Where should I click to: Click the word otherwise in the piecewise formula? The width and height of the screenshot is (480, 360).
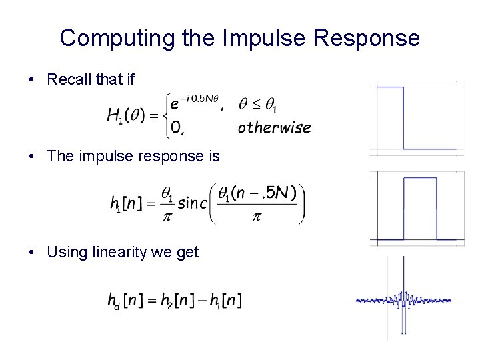(x=274, y=127)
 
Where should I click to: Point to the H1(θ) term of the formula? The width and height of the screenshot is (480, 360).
(x=131, y=116)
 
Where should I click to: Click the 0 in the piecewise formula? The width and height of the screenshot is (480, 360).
(x=176, y=127)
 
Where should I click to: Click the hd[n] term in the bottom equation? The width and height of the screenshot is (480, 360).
(x=125, y=301)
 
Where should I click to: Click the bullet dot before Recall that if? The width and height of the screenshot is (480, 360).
(x=32, y=81)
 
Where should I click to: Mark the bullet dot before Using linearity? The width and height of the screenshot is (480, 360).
(x=32, y=253)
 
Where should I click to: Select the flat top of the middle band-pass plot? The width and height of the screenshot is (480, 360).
(x=420, y=178)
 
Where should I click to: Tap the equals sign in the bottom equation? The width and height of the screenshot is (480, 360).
(x=150, y=301)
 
